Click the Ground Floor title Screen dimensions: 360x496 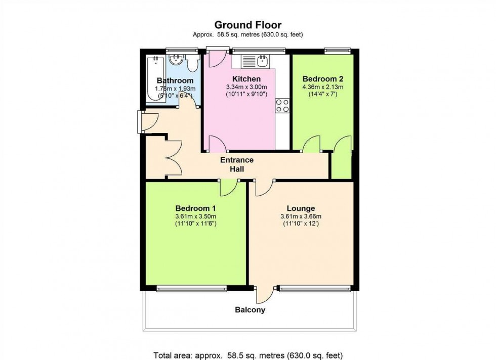click(x=248, y=25)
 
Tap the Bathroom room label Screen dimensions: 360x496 click(x=175, y=81)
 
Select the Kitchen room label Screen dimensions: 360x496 click(x=246, y=79)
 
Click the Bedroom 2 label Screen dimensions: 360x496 click(x=323, y=79)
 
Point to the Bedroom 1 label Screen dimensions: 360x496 click(x=196, y=208)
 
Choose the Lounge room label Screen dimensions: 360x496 click(x=301, y=208)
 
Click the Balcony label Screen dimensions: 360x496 click(x=250, y=310)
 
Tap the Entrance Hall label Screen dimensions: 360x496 click(x=237, y=164)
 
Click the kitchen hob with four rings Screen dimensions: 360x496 click(x=282, y=105)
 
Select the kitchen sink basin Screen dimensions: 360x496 click(x=263, y=62)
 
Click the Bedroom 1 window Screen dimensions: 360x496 click(x=192, y=289)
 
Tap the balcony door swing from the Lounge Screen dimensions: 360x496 click(x=265, y=295)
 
